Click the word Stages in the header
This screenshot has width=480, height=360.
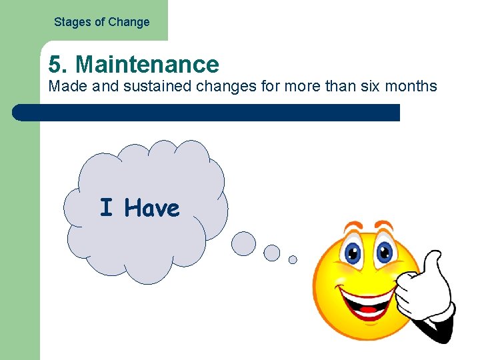[x=71, y=22]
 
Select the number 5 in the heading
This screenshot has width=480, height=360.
[x=55, y=64]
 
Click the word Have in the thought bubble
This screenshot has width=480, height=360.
[x=152, y=209]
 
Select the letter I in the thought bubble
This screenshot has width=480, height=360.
[x=106, y=208]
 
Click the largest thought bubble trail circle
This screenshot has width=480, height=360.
[x=243, y=243]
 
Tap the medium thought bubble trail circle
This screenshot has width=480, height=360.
[x=272, y=253]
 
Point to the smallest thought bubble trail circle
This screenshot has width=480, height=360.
[x=293, y=260]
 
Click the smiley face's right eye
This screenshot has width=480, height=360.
[x=383, y=252]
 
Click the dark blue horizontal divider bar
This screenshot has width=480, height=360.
[x=207, y=113]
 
